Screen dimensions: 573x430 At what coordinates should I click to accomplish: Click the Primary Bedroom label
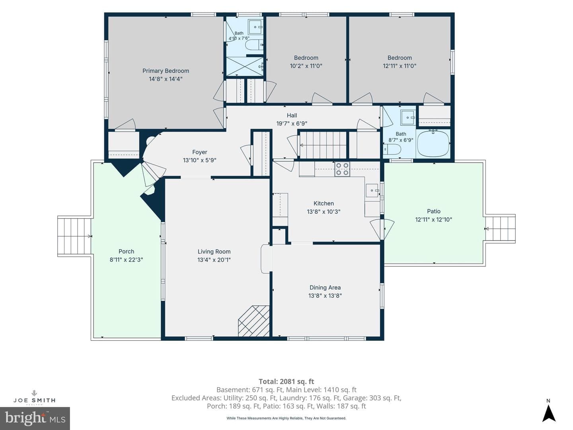(x=166, y=71)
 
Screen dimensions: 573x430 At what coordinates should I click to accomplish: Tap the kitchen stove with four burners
(x=342, y=169)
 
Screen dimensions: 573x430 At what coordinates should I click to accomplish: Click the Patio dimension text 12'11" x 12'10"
(x=434, y=219)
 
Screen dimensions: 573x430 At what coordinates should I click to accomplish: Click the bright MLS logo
(x=35, y=418)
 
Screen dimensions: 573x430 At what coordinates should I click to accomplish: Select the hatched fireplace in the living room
(x=253, y=321)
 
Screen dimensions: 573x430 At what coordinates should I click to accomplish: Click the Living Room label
(x=214, y=251)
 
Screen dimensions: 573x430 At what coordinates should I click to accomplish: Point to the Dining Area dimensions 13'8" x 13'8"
(x=325, y=295)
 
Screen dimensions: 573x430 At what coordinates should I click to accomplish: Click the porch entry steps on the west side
(x=74, y=236)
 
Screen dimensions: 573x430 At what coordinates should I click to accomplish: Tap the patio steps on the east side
(x=500, y=229)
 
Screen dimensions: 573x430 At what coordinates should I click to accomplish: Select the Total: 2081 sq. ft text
(x=286, y=381)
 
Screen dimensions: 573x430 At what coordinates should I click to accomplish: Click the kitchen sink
(x=372, y=191)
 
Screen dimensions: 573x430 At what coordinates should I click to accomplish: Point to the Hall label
(x=292, y=115)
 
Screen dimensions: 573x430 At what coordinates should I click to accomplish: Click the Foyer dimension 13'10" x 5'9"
(x=200, y=160)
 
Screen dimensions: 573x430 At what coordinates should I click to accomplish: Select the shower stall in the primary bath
(x=245, y=66)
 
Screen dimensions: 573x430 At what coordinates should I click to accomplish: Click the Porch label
(x=127, y=251)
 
